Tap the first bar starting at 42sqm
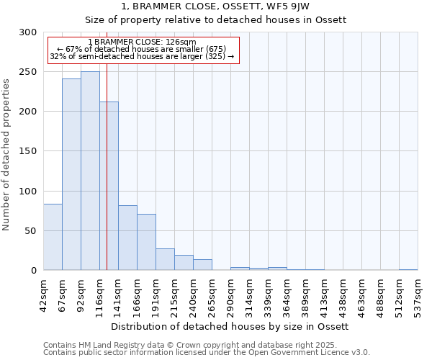tap(53, 237)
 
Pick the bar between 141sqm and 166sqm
tap(127, 238)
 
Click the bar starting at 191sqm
tap(165, 259)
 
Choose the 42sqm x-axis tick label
tap(44, 292)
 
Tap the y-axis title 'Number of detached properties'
tap(6, 155)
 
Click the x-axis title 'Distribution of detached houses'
tap(230, 326)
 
